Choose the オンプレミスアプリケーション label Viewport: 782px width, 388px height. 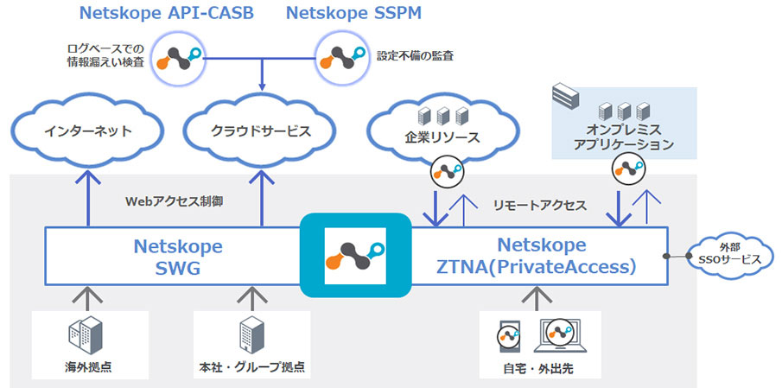pyautogui.click(x=623, y=137)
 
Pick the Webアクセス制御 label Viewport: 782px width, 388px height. pyautogui.click(x=175, y=201)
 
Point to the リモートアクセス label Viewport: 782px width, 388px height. pyautogui.click(x=539, y=206)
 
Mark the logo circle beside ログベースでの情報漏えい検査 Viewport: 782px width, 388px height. pyautogui.click(x=179, y=58)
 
